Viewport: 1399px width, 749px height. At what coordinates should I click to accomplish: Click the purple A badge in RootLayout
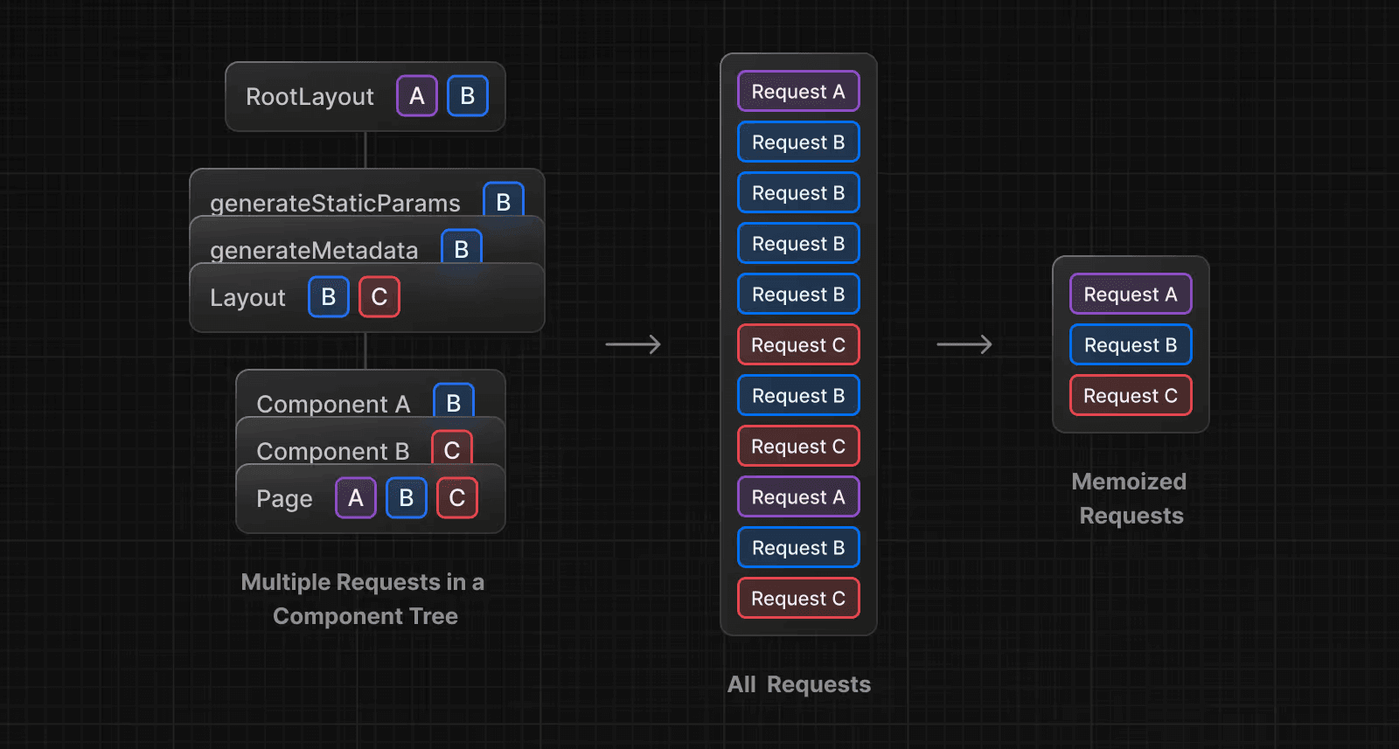417,96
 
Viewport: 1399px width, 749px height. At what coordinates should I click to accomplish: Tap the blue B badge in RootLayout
468,96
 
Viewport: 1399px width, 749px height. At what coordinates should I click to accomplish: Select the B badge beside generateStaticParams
504,200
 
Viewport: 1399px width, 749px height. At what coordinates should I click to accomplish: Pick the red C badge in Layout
379,297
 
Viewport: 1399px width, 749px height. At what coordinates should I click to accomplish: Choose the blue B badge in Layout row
329,297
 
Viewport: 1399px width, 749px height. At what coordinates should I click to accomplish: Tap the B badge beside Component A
454,401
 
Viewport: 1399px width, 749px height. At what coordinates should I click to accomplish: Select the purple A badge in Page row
356,498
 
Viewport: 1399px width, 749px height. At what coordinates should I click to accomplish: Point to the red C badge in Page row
457,498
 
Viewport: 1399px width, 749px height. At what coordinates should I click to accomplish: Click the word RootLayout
310,96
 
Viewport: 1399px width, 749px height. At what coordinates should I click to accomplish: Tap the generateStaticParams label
335,203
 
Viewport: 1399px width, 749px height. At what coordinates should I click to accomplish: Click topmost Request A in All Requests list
798,92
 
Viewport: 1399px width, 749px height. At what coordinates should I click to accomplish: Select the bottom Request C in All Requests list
798,599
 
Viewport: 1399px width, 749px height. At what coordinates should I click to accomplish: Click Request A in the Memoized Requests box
1131,295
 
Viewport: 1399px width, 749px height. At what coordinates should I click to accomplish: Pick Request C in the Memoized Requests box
1131,396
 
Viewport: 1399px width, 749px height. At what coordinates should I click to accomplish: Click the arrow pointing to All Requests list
633,344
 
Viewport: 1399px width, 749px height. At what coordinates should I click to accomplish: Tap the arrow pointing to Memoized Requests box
964,344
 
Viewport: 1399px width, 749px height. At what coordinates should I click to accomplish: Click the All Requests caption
799,684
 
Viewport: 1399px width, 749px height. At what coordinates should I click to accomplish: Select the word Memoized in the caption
1129,482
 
